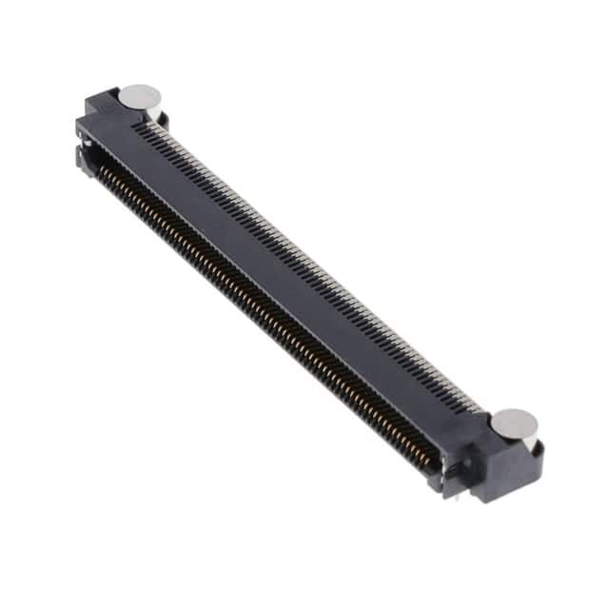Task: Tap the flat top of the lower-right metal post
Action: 516,422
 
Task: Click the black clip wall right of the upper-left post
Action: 164,117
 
